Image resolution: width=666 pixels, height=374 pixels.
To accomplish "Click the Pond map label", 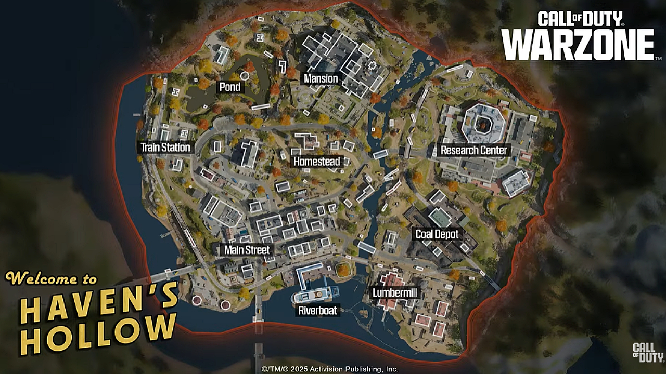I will tap(230, 87).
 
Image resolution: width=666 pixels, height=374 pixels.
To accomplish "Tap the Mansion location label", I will tap(321, 79).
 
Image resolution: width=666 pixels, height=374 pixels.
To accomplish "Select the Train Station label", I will tap(165, 148).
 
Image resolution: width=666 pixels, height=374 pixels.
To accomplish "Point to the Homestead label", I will tap(316, 162).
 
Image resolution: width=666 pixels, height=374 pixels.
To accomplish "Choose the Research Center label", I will tap(473, 151).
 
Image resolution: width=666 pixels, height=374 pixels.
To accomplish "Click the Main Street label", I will tap(247, 250).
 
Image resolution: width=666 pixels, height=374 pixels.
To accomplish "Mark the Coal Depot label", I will tap(437, 234).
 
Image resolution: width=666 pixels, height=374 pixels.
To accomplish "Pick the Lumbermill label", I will tap(395, 293).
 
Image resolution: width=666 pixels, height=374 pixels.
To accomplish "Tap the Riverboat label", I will tap(317, 311).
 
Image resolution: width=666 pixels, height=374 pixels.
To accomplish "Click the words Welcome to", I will tap(52, 278).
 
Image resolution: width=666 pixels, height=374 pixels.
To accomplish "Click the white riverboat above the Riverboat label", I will tap(313, 297).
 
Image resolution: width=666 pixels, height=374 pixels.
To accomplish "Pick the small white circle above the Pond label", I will tap(244, 76).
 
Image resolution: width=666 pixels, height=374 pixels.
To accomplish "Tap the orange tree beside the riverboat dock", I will tap(343, 270).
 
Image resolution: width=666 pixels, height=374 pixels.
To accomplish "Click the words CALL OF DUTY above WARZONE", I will tap(580, 20).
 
